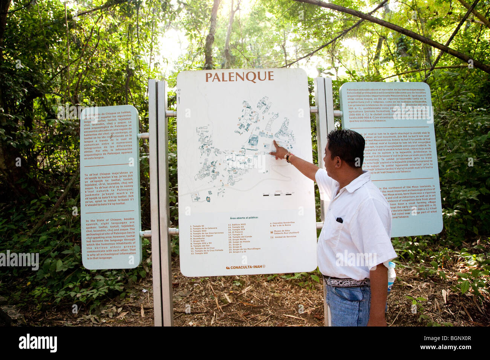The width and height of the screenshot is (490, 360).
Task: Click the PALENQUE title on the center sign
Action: point(239,76)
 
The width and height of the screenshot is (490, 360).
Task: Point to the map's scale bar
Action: point(278,195)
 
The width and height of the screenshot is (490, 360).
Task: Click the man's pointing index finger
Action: point(275,143)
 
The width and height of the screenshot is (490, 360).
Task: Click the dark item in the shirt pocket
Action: point(339,220)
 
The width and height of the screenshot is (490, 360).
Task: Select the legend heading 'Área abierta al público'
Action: point(243,218)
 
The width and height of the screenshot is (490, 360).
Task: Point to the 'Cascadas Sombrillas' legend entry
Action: point(283,223)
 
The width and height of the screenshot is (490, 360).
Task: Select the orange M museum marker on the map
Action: point(208,198)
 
